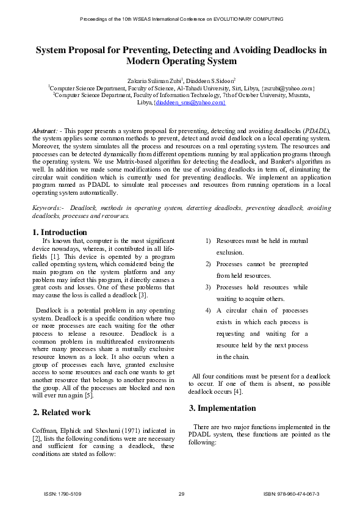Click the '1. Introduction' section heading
[59, 232]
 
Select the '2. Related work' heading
[62, 412]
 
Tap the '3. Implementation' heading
[222, 408]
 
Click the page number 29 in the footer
[181, 493]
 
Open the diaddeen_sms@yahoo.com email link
[190, 103]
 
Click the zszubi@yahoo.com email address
[287, 88]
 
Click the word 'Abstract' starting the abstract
[45, 131]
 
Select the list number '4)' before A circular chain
[208, 311]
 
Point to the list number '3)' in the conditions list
[208, 288]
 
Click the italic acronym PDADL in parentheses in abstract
[317, 131]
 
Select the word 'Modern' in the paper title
[145, 62]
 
